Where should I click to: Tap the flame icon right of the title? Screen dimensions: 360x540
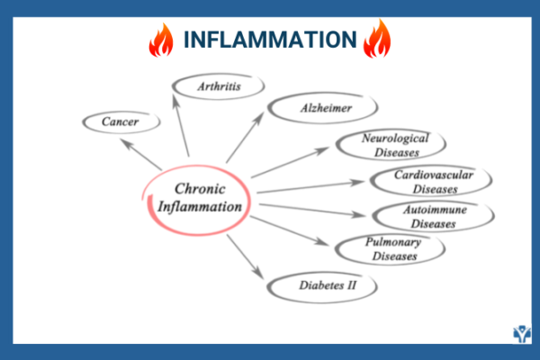pyautogui.click(x=375, y=40)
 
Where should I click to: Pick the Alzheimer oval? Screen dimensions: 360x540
pyautogui.click(x=312, y=110)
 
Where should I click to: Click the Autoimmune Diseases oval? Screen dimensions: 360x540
pyautogui.click(x=434, y=216)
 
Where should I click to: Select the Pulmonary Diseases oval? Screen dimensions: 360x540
pyautogui.click(x=390, y=249)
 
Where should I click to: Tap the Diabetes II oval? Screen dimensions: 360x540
pyautogui.click(x=322, y=287)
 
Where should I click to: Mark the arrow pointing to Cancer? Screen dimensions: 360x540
pyautogui.click(x=141, y=154)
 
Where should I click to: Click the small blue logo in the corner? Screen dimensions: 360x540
pyautogui.click(x=521, y=334)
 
